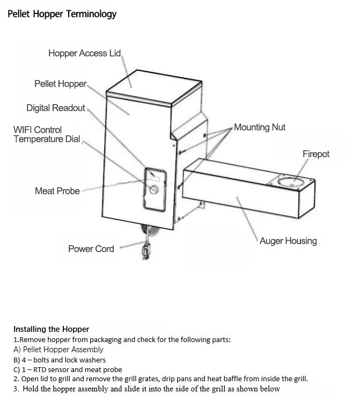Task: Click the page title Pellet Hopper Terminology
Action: [x=62, y=14]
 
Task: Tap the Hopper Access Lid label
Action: [x=84, y=53]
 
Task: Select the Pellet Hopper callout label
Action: [x=60, y=84]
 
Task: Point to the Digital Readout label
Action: [x=55, y=108]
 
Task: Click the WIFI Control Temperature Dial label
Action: [x=46, y=135]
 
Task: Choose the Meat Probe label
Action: [x=57, y=191]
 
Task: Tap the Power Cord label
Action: [x=91, y=249]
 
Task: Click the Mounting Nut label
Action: [x=260, y=127]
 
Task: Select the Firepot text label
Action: [x=315, y=154]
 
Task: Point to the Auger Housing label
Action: [x=288, y=241]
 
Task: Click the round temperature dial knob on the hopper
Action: [x=155, y=190]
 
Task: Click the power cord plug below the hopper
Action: [x=145, y=250]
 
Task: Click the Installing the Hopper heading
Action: [x=51, y=329]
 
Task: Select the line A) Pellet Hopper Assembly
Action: [x=58, y=350]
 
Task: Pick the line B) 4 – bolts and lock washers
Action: [x=60, y=360]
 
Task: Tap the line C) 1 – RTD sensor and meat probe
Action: [x=68, y=369]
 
